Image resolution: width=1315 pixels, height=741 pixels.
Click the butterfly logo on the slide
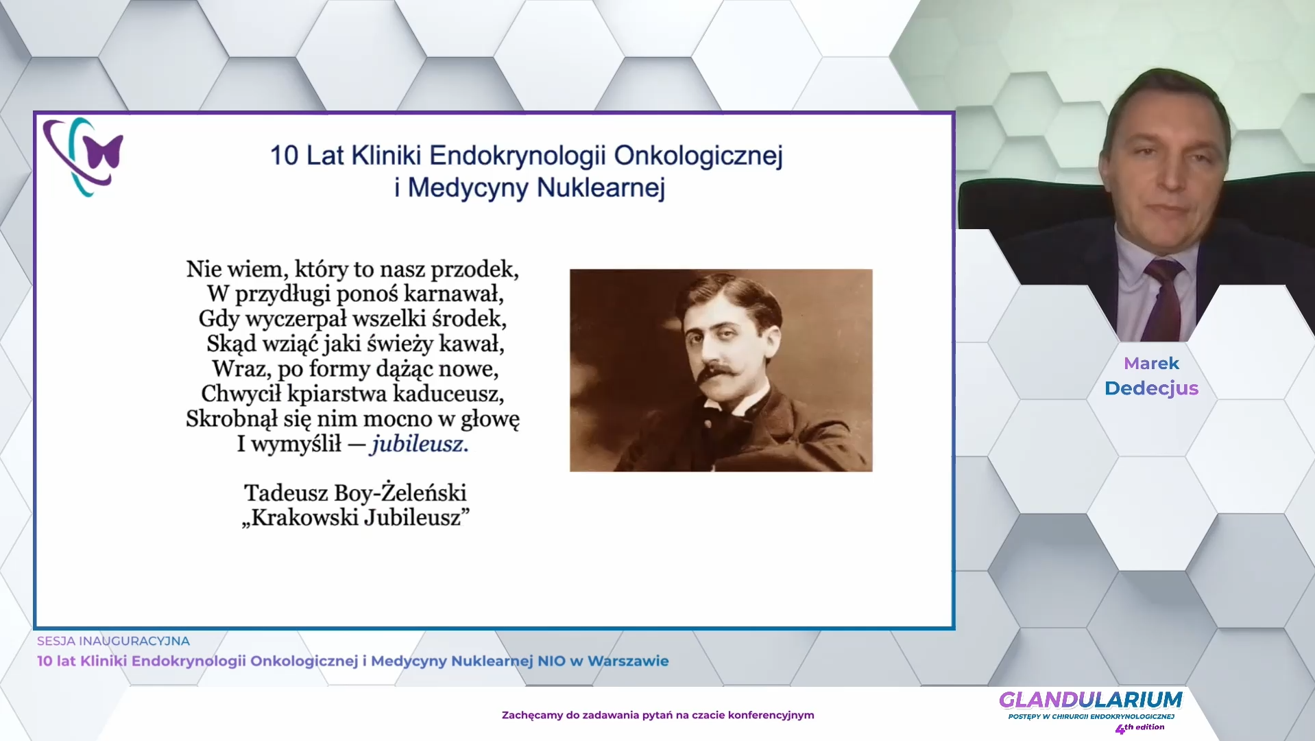[84, 156]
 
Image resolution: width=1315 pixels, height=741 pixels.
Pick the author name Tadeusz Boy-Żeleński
[355, 493]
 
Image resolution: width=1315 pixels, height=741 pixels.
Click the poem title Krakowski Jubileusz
[356, 517]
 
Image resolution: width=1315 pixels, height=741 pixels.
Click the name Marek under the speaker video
[1151, 364]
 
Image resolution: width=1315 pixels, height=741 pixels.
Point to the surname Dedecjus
[1151, 388]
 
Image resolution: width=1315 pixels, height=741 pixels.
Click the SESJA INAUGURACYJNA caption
[113, 641]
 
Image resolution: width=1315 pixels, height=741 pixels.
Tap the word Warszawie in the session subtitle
[628, 661]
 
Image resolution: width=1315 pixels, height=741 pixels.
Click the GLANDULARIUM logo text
[1090, 700]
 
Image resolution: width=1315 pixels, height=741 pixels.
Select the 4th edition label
[1139, 728]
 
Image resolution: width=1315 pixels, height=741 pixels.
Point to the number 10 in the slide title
[284, 156]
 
